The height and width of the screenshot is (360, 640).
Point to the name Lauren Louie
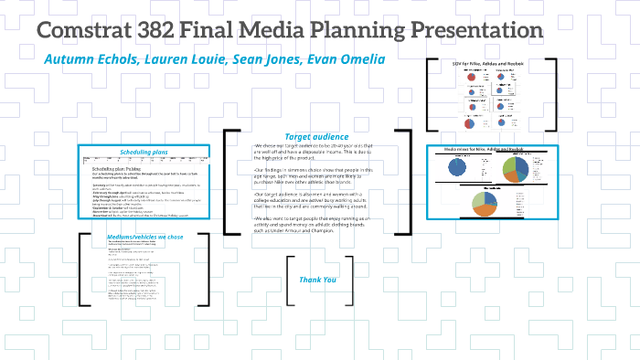tap(167, 59)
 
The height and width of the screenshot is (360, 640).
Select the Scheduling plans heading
tap(145, 152)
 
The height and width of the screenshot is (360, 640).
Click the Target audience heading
tap(317, 136)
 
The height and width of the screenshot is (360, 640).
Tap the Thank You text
tap(318, 280)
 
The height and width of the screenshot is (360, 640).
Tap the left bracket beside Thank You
tap(290, 280)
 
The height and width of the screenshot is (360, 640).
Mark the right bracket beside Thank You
tap(350, 280)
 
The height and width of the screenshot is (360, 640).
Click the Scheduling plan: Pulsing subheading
tap(118, 169)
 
